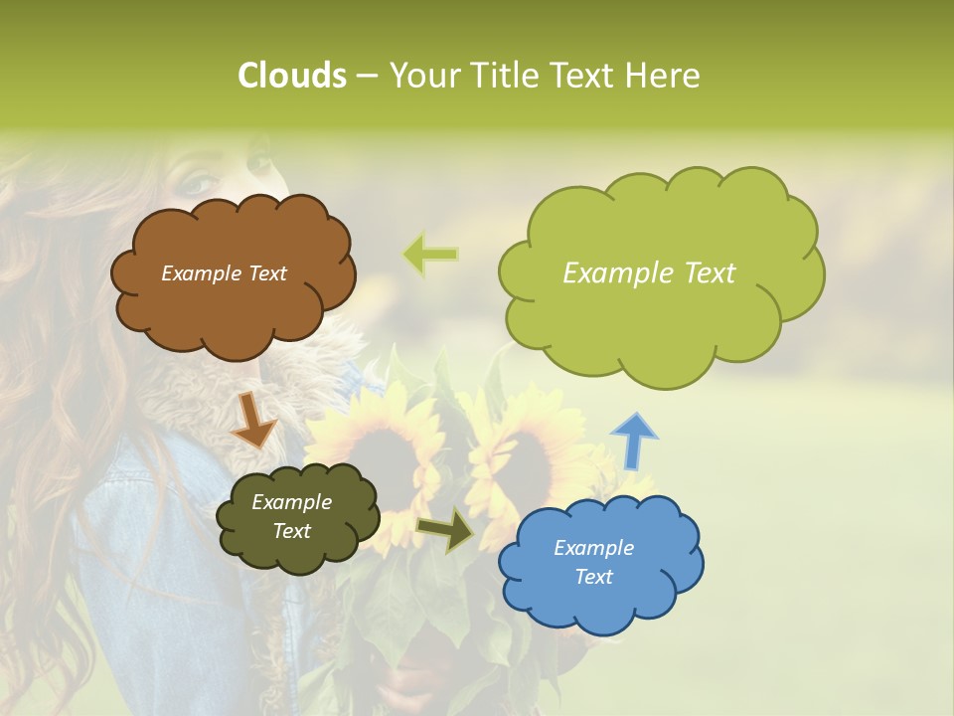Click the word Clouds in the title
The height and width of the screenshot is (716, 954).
pos(291,76)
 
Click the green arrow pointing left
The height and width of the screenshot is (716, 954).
pos(431,255)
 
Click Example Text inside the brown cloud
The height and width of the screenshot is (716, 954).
pos(224,273)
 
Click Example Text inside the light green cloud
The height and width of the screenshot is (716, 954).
pos(649,273)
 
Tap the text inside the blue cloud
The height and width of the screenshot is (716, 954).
pos(593,562)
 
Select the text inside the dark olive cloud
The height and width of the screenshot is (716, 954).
pos(291,516)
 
